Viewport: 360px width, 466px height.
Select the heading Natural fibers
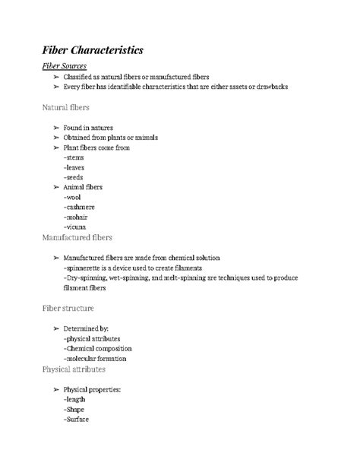(67, 108)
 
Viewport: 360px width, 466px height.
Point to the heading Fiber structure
(68, 309)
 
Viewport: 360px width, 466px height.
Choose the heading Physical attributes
(74, 369)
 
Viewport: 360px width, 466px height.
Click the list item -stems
(74, 157)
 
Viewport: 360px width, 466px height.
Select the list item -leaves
(75, 167)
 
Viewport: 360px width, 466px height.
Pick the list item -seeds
(74, 177)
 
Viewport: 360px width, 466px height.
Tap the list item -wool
(74, 197)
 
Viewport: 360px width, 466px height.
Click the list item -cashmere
(81, 207)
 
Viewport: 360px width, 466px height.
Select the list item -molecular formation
(96, 358)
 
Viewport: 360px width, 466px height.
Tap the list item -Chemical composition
(97, 348)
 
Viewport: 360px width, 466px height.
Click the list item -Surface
(77, 418)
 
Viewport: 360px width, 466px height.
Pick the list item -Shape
(76, 408)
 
